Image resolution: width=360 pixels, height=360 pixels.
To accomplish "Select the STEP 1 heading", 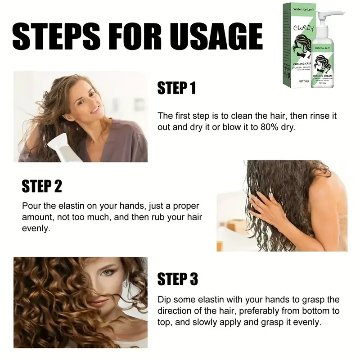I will (176, 88).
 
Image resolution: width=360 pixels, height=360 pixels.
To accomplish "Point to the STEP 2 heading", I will (42, 186).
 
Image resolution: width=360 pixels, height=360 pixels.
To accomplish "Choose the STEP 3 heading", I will (177, 279).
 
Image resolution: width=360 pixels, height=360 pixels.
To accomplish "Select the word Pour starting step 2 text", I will (31, 206).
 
